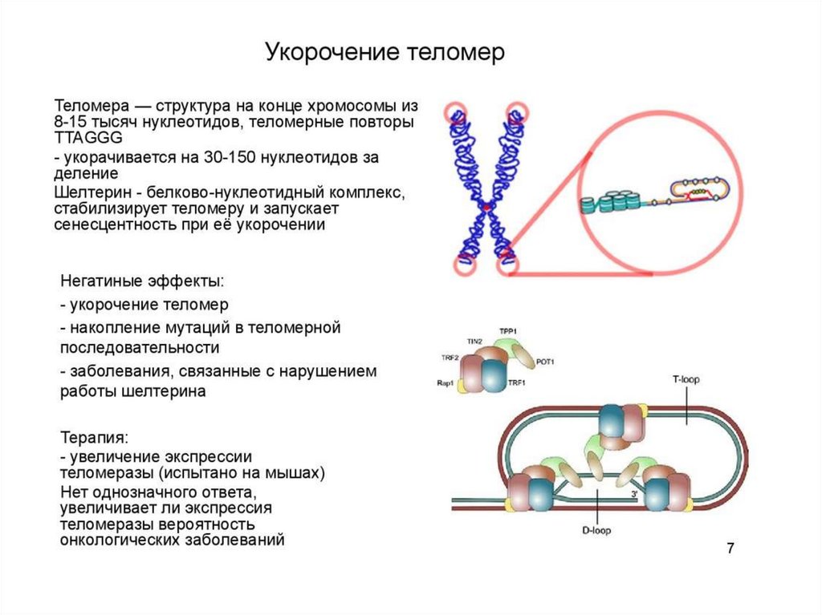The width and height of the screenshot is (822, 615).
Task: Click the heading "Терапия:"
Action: [x=95, y=439]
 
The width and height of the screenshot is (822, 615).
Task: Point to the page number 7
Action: [x=730, y=549]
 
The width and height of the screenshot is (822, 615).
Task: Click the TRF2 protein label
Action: [x=450, y=358]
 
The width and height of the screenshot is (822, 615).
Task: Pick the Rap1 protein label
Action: [x=446, y=384]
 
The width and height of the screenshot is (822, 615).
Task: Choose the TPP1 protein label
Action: [x=508, y=330]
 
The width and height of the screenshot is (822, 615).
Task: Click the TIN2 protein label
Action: [x=474, y=342]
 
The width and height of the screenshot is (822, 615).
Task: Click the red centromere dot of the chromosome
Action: [x=486, y=208]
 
